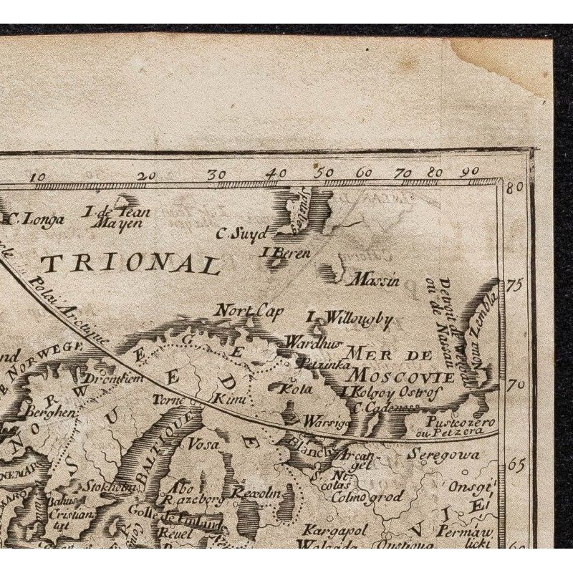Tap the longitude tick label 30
click(x=216, y=174)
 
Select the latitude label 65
click(x=516, y=463)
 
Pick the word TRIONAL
click(x=130, y=264)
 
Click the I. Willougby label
click(x=349, y=319)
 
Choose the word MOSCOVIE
click(x=395, y=376)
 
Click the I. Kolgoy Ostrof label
click(x=391, y=392)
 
